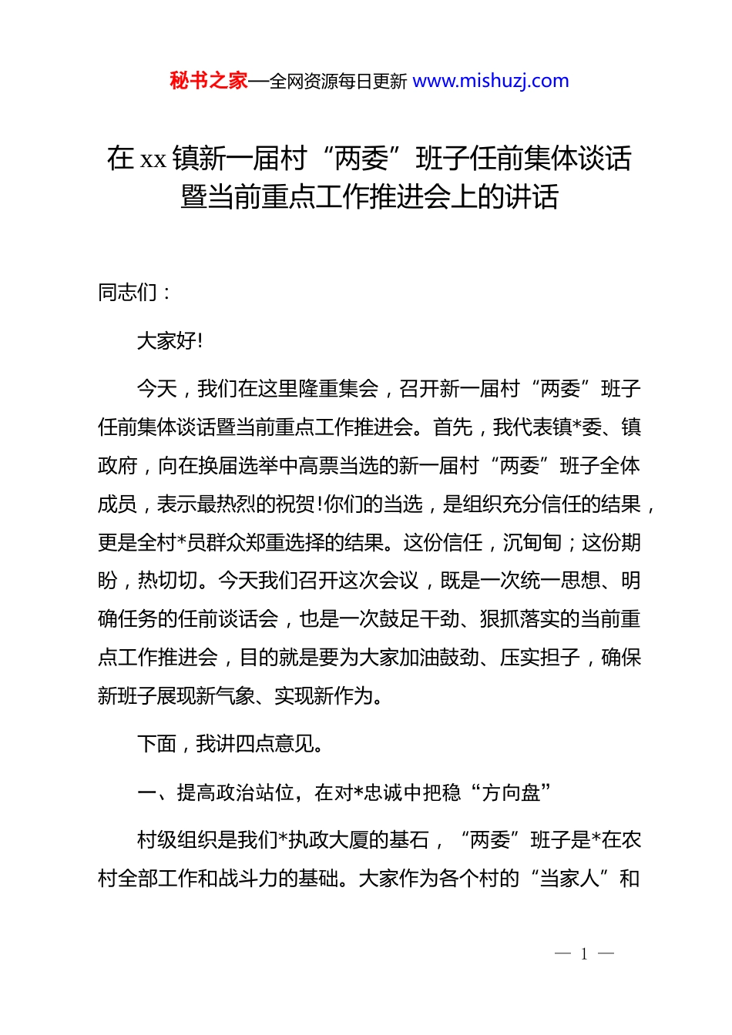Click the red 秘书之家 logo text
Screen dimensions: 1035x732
pos(209,81)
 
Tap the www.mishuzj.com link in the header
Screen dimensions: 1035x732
pos(491,81)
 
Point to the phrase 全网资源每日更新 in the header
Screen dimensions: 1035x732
pos(337,82)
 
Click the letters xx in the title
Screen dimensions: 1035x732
pos(153,159)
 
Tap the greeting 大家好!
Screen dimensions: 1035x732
pos(170,340)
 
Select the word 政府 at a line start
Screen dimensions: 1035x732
pos(118,466)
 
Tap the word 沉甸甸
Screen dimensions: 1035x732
pos(532,543)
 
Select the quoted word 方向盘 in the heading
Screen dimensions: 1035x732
pos(511,792)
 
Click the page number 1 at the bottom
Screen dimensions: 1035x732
pos(584,954)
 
